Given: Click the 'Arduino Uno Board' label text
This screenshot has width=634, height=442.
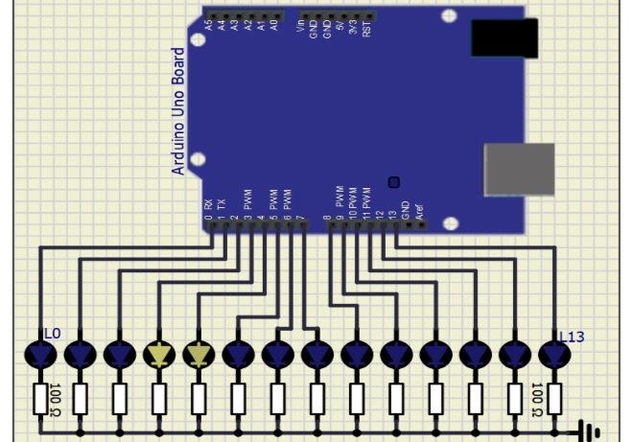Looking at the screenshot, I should coord(178,111).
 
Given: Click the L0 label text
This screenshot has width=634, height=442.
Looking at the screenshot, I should coord(52,334).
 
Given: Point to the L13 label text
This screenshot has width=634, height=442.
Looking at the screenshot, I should coord(573,336).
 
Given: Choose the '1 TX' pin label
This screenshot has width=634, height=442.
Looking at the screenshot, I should coord(222,206).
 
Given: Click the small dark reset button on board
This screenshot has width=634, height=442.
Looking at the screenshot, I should coord(393,182).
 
